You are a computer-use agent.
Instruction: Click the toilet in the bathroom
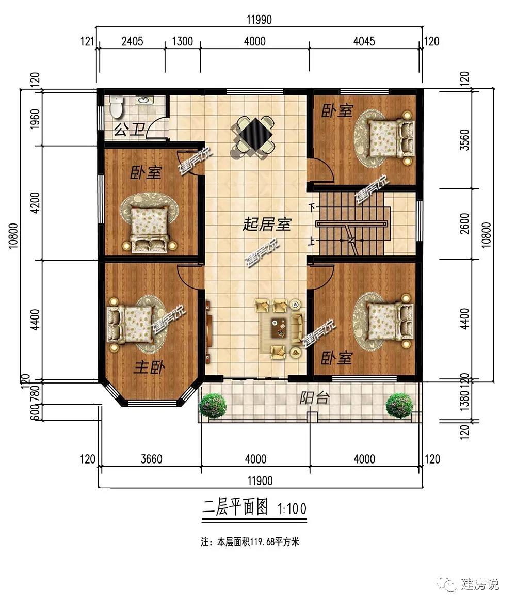pyautogui.click(x=116, y=106)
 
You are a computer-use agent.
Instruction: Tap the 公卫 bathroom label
pyautogui.click(x=130, y=129)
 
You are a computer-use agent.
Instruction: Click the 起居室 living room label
pyautogui.click(x=267, y=224)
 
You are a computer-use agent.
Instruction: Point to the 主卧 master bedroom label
pyautogui.click(x=149, y=366)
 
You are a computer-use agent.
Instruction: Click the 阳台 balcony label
pyautogui.click(x=314, y=397)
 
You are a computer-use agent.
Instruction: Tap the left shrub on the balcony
pyautogui.click(x=213, y=405)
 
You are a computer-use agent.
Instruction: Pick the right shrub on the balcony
pyautogui.click(x=399, y=405)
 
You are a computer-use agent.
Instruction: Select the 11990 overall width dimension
pyautogui.click(x=260, y=20)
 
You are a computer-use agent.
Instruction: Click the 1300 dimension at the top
pyautogui.click(x=182, y=41)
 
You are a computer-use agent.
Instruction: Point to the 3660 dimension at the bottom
pyautogui.click(x=151, y=459)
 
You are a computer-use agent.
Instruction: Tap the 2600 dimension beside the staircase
pyautogui.click(x=465, y=223)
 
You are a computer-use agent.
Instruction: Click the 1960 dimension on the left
pyautogui.click(x=35, y=119)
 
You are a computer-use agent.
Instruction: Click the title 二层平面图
pyautogui.click(x=235, y=507)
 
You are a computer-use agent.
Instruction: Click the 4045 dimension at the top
pyautogui.click(x=364, y=41)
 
